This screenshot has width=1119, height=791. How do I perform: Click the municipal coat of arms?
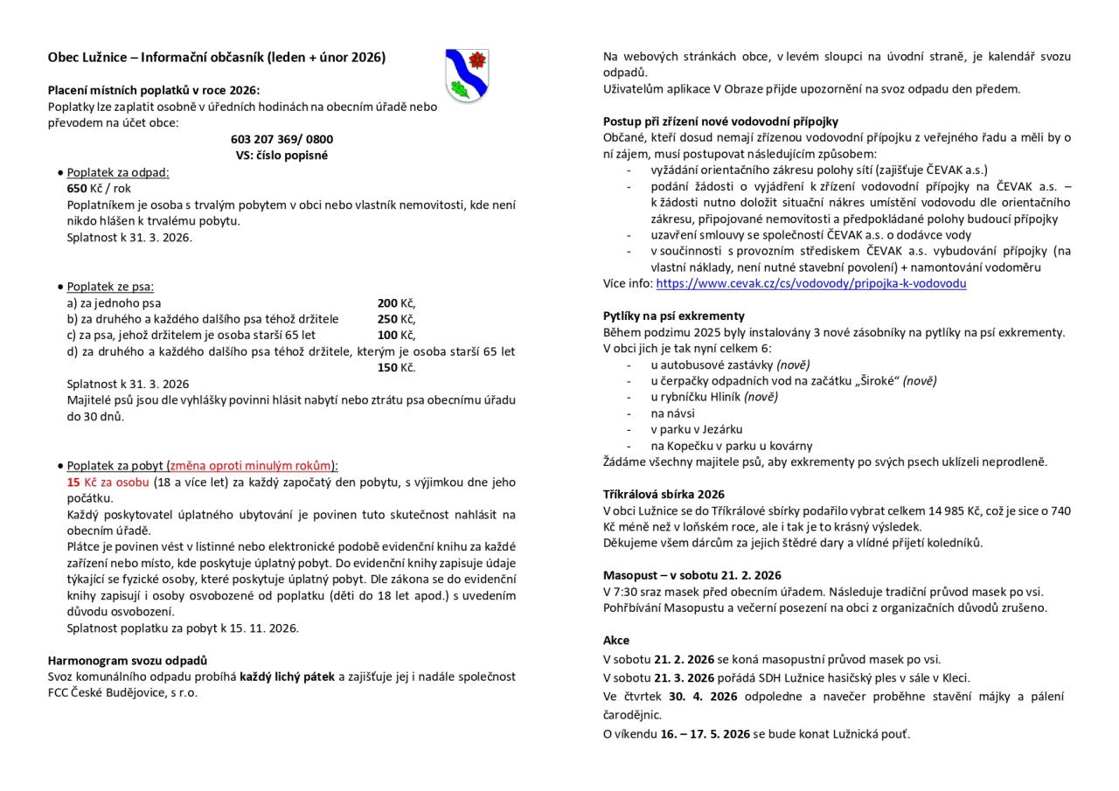click(467, 75)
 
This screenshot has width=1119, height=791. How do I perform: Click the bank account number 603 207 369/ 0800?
click(281, 139)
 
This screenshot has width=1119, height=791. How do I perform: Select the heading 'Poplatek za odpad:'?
click(118, 172)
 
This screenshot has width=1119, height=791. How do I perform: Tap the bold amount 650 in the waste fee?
click(77, 188)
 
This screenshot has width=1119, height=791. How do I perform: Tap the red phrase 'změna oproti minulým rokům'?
click(251, 465)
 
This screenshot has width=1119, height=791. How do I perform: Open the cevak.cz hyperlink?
click(810, 283)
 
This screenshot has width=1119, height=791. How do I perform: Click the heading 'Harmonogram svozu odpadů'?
click(128, 660)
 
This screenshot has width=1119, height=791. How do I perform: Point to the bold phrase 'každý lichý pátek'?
click(288, 676)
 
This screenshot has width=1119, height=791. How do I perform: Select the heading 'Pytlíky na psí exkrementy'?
click(673, 316)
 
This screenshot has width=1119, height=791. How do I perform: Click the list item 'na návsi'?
click(672, 413)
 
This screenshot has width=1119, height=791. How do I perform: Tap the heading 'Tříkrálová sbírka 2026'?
click(664, 494)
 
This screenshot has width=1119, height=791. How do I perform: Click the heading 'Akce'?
click(616, 640)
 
